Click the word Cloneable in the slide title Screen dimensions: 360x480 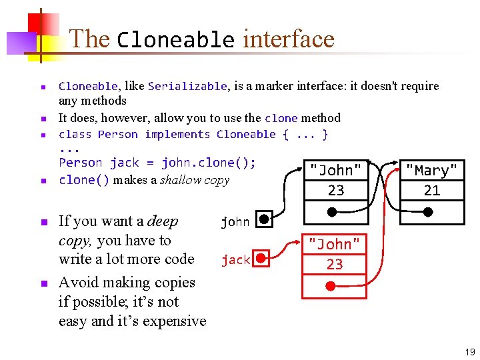coord(175,39)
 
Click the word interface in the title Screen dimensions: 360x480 coord(288,39)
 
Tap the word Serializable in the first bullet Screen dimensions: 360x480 coord(187,86)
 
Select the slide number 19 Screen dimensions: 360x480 coord(470,352)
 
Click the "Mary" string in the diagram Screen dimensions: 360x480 coord(432,171)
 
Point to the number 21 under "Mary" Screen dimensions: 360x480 coord(432,191)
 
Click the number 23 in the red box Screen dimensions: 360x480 coord(335,265)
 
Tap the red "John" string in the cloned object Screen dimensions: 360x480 coord(335,245)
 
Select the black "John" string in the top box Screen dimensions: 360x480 coord(336,171)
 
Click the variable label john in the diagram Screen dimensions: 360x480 coord(235,222)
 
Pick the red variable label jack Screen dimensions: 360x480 coord(235,260)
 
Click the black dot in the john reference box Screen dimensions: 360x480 coord(264,219)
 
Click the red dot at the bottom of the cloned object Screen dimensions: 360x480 coord(331,287)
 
